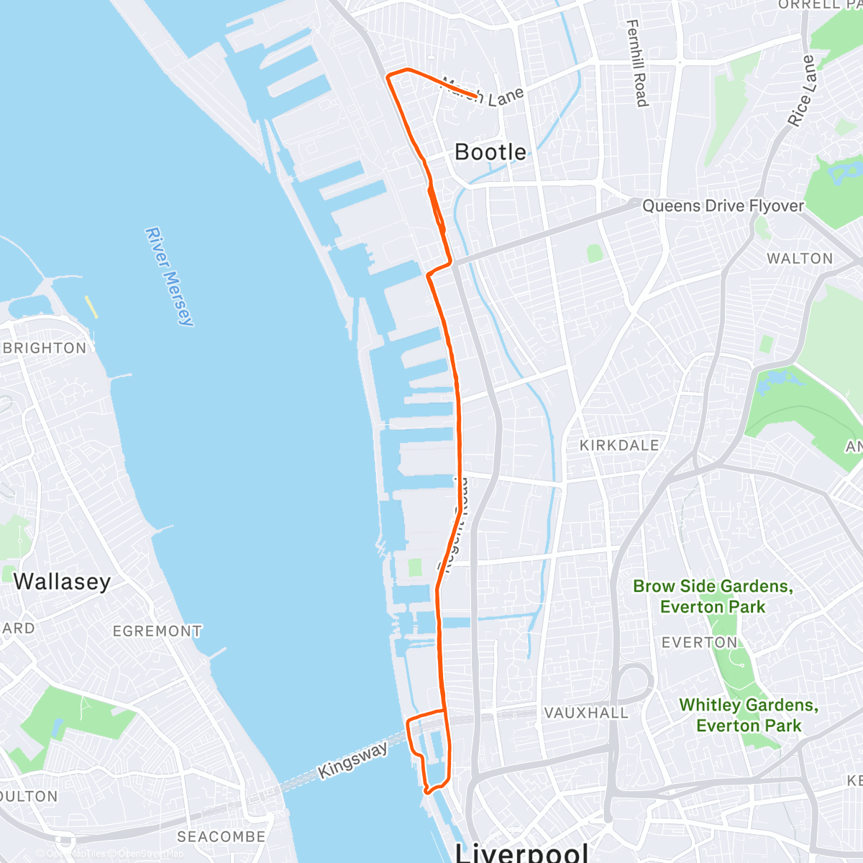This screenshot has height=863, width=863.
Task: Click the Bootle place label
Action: [490, 152]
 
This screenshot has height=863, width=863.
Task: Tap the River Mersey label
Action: [170, 277]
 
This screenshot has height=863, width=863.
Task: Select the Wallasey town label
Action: [62, 581]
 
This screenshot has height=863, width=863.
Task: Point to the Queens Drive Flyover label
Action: [723, 206]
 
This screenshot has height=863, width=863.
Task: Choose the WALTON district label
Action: [799, 258]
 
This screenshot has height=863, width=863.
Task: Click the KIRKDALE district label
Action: [619, 445]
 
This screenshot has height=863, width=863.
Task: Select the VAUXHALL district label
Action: [586, 713]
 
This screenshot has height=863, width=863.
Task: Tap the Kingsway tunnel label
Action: [353, 760]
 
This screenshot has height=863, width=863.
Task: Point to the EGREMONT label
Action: [157, 631]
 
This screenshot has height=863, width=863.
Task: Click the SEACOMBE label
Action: [221, 836]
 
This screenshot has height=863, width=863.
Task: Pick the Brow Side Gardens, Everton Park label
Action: [713, 596]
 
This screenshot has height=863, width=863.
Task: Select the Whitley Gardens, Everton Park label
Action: [749, 715]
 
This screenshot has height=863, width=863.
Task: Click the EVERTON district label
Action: [699, 642]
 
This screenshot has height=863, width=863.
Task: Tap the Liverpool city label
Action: [522, 853]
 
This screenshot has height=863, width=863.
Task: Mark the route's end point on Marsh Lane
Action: [476, 96]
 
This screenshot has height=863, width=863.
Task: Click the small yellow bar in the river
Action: [91, 307]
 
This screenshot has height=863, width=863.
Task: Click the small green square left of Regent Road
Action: [414, 567]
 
